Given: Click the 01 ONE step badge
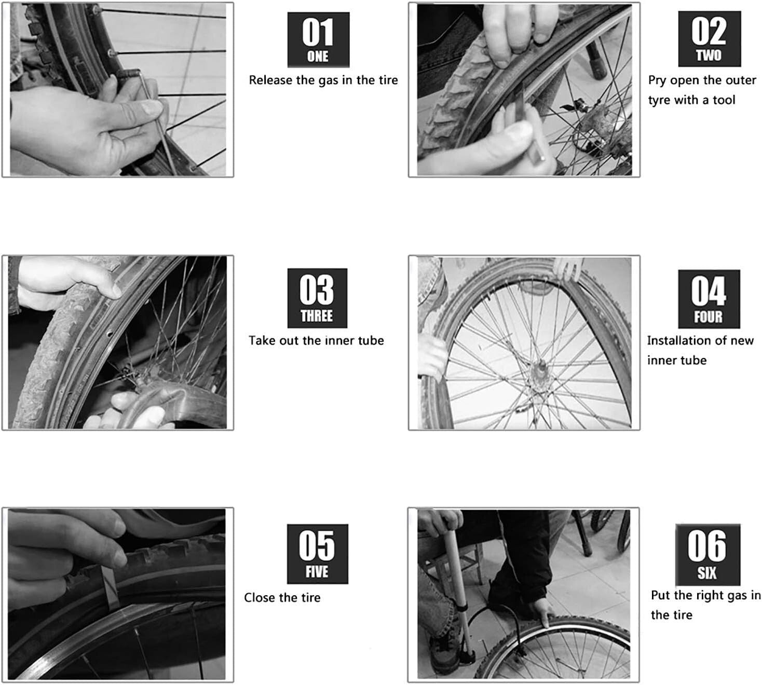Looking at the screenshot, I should [x=318, y=40].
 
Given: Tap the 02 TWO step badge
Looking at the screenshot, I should [x=709, y=39].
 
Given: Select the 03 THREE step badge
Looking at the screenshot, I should [x=317, y=298].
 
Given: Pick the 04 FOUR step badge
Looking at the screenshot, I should [x=709, y=299].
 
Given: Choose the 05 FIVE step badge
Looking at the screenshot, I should [x=317, y=554].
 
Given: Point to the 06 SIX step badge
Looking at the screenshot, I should [x=707, y=554].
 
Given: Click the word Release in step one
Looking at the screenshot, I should [x=270, y=80].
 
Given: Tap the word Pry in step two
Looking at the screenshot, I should [x=657, y=81].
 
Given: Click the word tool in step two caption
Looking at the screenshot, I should [x=724, y=100].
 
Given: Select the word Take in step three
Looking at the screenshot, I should [x=262, y=341].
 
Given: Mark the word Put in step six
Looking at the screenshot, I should [x=660, y=595].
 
